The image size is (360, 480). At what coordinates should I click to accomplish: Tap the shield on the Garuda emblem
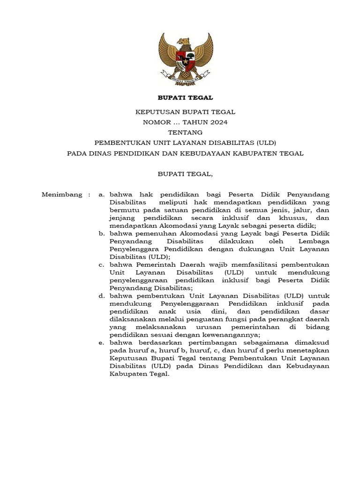point(185,60)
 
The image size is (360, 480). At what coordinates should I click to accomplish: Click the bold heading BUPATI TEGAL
point(185,97)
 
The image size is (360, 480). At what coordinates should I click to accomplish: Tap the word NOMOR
point(156,122)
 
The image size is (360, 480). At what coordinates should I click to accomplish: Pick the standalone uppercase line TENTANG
point(185,133)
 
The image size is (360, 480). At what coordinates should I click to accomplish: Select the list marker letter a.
point(101,195)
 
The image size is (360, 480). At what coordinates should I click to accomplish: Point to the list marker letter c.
point(101,264)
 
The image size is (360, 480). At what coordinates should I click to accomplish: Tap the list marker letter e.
point(101,343)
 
